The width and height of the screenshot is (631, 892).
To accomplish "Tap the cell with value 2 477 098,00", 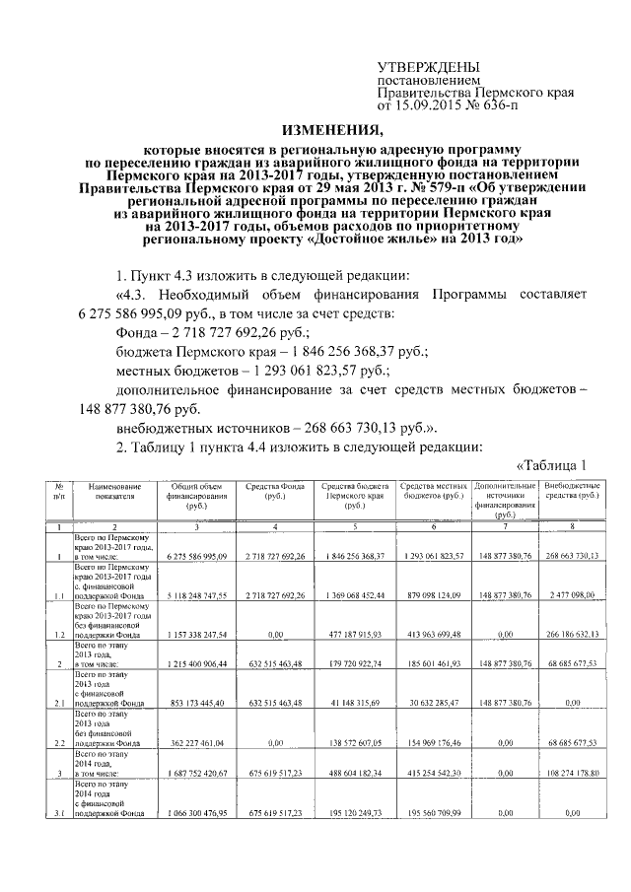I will [x=572, y=595].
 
